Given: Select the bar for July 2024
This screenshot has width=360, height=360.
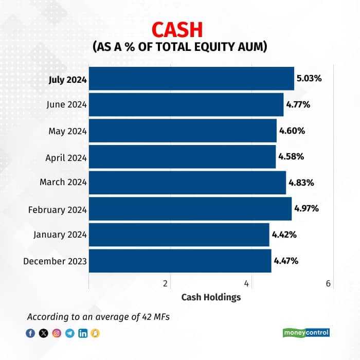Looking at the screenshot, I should pyautogui.click(x=191, y=79).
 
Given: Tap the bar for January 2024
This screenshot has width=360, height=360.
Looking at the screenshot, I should pyautogui.click(x=179, y=235).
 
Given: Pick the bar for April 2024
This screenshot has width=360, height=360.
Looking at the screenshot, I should pyautogui.click(x=182, y=157).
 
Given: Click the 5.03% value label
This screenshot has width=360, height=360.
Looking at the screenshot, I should pyautogui.click(x=309, y=79).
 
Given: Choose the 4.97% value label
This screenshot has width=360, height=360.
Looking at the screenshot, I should pyautogui.click(x=307, y=208).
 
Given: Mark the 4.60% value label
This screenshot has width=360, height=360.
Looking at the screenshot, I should pyautogui.click(x=292, y=131).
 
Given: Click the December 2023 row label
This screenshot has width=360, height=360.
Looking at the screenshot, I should pyautogui.click(x=55, y=261).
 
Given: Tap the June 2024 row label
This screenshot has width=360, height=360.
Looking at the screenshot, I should pyautogui.click(x=66, y=104).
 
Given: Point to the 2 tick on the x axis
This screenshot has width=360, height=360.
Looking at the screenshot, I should pyautogui.click(x=166, y=283).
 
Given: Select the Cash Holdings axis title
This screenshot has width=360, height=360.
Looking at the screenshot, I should pyautogui.click(x=211, y=297).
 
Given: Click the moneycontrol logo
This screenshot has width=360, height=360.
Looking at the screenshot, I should pyautogui.click(x=306, y=333).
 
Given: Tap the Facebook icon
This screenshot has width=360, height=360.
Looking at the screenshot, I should pyautogui.click(x=30, y=333).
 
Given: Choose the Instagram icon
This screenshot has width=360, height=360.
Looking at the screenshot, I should pyautogui.click(x=57, y=333).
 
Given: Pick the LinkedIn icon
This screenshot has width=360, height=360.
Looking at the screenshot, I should pyautogui.click(x=83, y=333).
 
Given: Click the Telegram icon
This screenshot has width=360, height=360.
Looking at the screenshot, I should pyautogui.click(x=70, y=333).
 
